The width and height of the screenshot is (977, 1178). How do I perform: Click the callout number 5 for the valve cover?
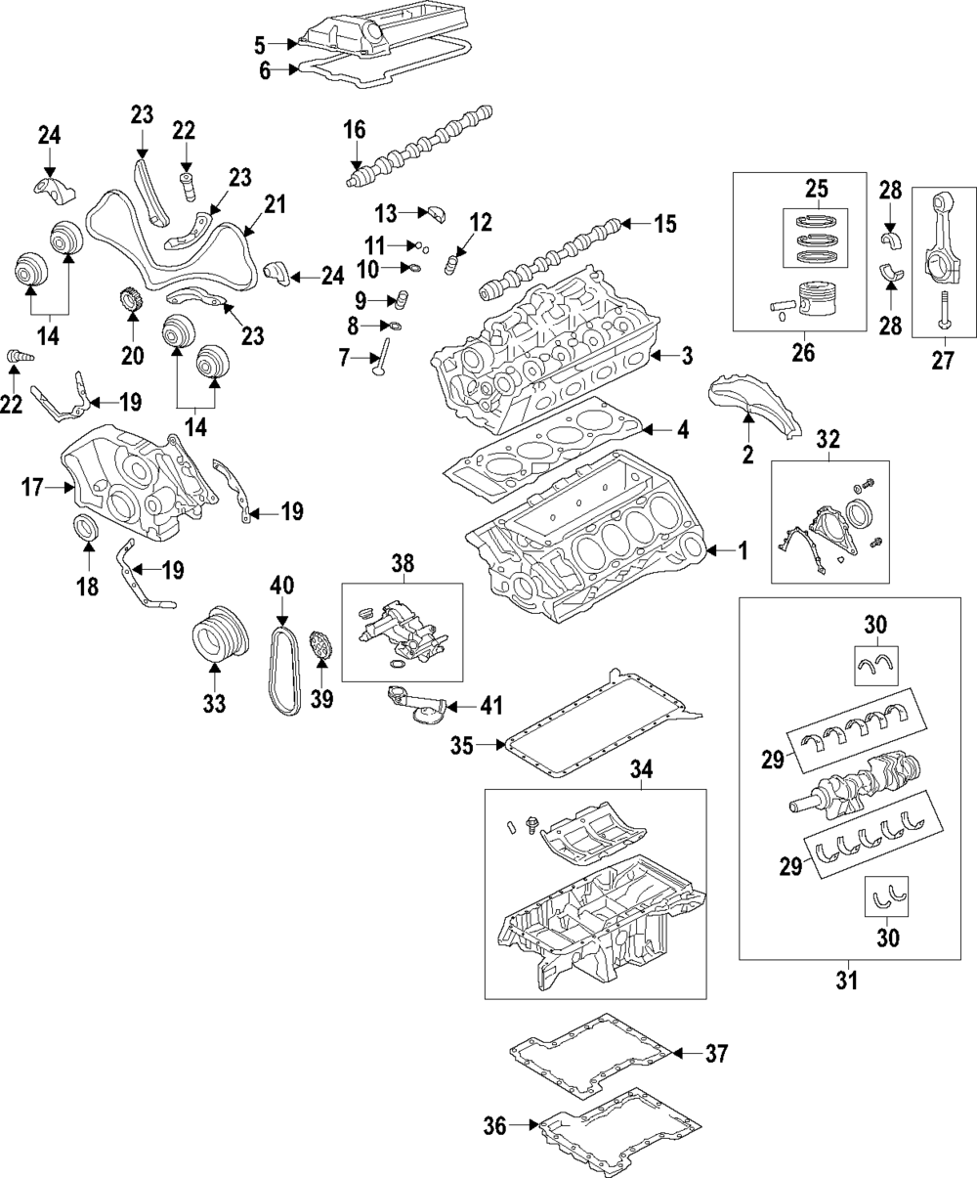click(x=259, y=45)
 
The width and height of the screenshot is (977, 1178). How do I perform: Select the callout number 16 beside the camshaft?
click(x=355, y=130)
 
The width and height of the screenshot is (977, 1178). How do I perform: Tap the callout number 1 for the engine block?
click(x=743, y=550)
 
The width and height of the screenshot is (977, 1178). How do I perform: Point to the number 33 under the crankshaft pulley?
click(x=214, y=704)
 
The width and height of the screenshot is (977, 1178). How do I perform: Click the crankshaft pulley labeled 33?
click(x=220, y=633)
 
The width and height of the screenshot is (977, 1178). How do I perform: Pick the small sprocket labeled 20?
click(x=132, y=299)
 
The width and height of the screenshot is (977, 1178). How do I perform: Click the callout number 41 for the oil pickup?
click(x=491, y=705)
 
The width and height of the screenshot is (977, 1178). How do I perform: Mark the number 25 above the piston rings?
click(x=817, y=189)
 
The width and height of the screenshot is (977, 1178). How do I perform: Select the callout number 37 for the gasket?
click(x=716, y=1053)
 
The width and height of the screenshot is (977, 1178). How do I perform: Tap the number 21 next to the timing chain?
click(x=276, y=205)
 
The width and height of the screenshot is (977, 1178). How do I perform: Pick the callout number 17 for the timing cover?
click(x=32, y=487)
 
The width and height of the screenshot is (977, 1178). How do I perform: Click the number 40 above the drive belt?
click(x=282, y=586)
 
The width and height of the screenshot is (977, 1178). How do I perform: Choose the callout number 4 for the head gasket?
click(x=683, y=430)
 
